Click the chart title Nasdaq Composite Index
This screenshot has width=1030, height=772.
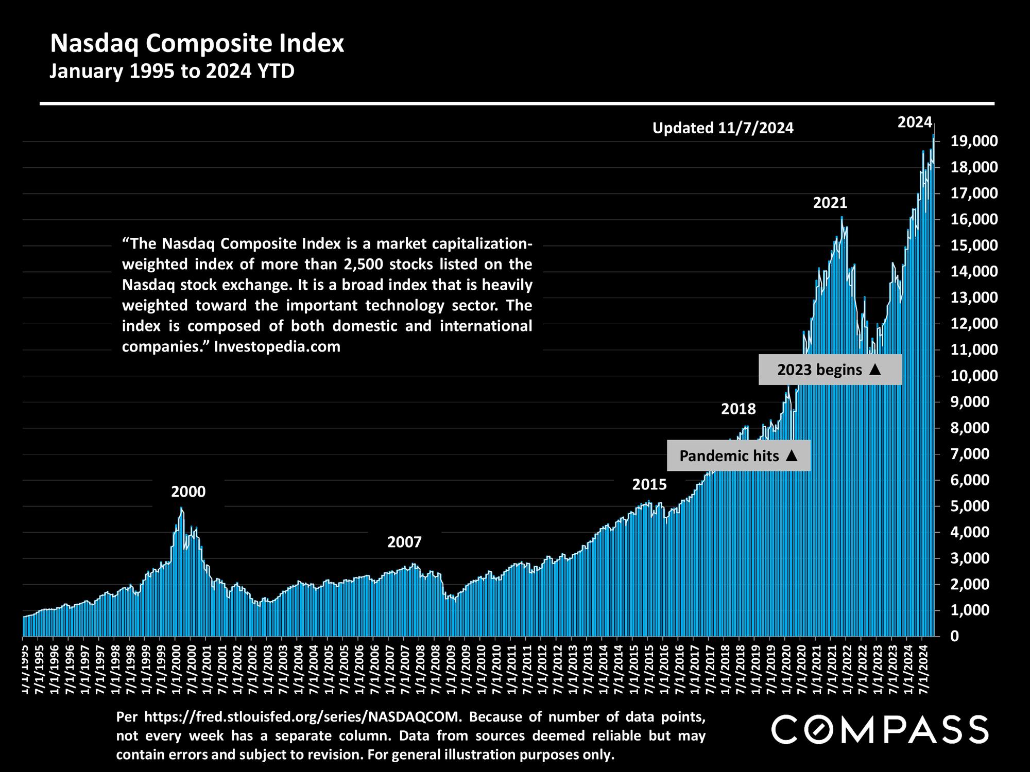(197, 44)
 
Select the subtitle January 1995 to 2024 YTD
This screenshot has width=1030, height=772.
(171, 71)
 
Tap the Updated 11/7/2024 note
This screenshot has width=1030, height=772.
(723, 128)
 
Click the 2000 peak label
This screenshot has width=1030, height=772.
(188, 492)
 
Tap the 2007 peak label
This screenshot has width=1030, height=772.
(404, 542)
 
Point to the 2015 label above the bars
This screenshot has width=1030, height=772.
(649, 484)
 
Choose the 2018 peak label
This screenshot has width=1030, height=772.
(738, 409)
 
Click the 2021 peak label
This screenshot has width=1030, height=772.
(830, 203)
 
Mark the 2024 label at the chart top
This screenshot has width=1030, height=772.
(915, 122)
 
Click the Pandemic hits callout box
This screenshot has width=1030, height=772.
(738, 455)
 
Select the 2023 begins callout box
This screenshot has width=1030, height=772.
(830, 370)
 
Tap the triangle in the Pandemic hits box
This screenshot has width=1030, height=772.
(792, 455)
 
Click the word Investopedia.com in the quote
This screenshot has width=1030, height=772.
(277, 347)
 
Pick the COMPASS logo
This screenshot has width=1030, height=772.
(880, 729)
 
